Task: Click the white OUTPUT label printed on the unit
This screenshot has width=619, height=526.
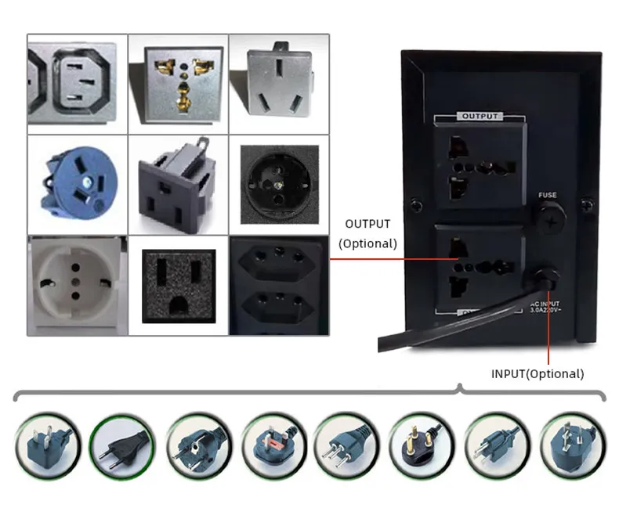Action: [x=480, y=116]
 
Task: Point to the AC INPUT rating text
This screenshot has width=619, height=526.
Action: [x=545, y=306]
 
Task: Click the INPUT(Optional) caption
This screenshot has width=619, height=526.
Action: [x=538, y=374]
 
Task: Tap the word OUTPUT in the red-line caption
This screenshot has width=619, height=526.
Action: [x=367, y=225]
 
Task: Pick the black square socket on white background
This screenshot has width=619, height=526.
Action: [x=179, y=284]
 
